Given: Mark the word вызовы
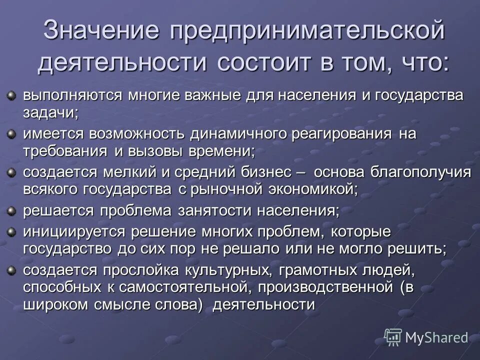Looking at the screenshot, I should point(151,150).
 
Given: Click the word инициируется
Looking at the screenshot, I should point(74,232).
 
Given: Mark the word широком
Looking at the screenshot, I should point(52,304).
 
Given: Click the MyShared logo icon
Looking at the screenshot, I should point(393,337).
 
